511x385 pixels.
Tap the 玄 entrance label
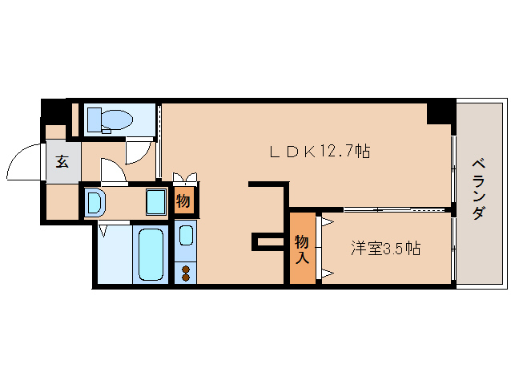tap(62, 160)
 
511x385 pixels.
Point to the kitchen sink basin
tap(186, 235)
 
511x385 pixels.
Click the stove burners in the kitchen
tap(186, 273)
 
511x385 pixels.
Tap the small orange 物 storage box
tap(183, 201)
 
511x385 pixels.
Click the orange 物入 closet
tap(302, 248)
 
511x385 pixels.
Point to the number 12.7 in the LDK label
tap(337, 151)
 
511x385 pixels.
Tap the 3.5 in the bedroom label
tap(392, 248)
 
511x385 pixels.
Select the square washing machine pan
tap(156, 202)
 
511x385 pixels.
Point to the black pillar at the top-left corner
tap(53, 109)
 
